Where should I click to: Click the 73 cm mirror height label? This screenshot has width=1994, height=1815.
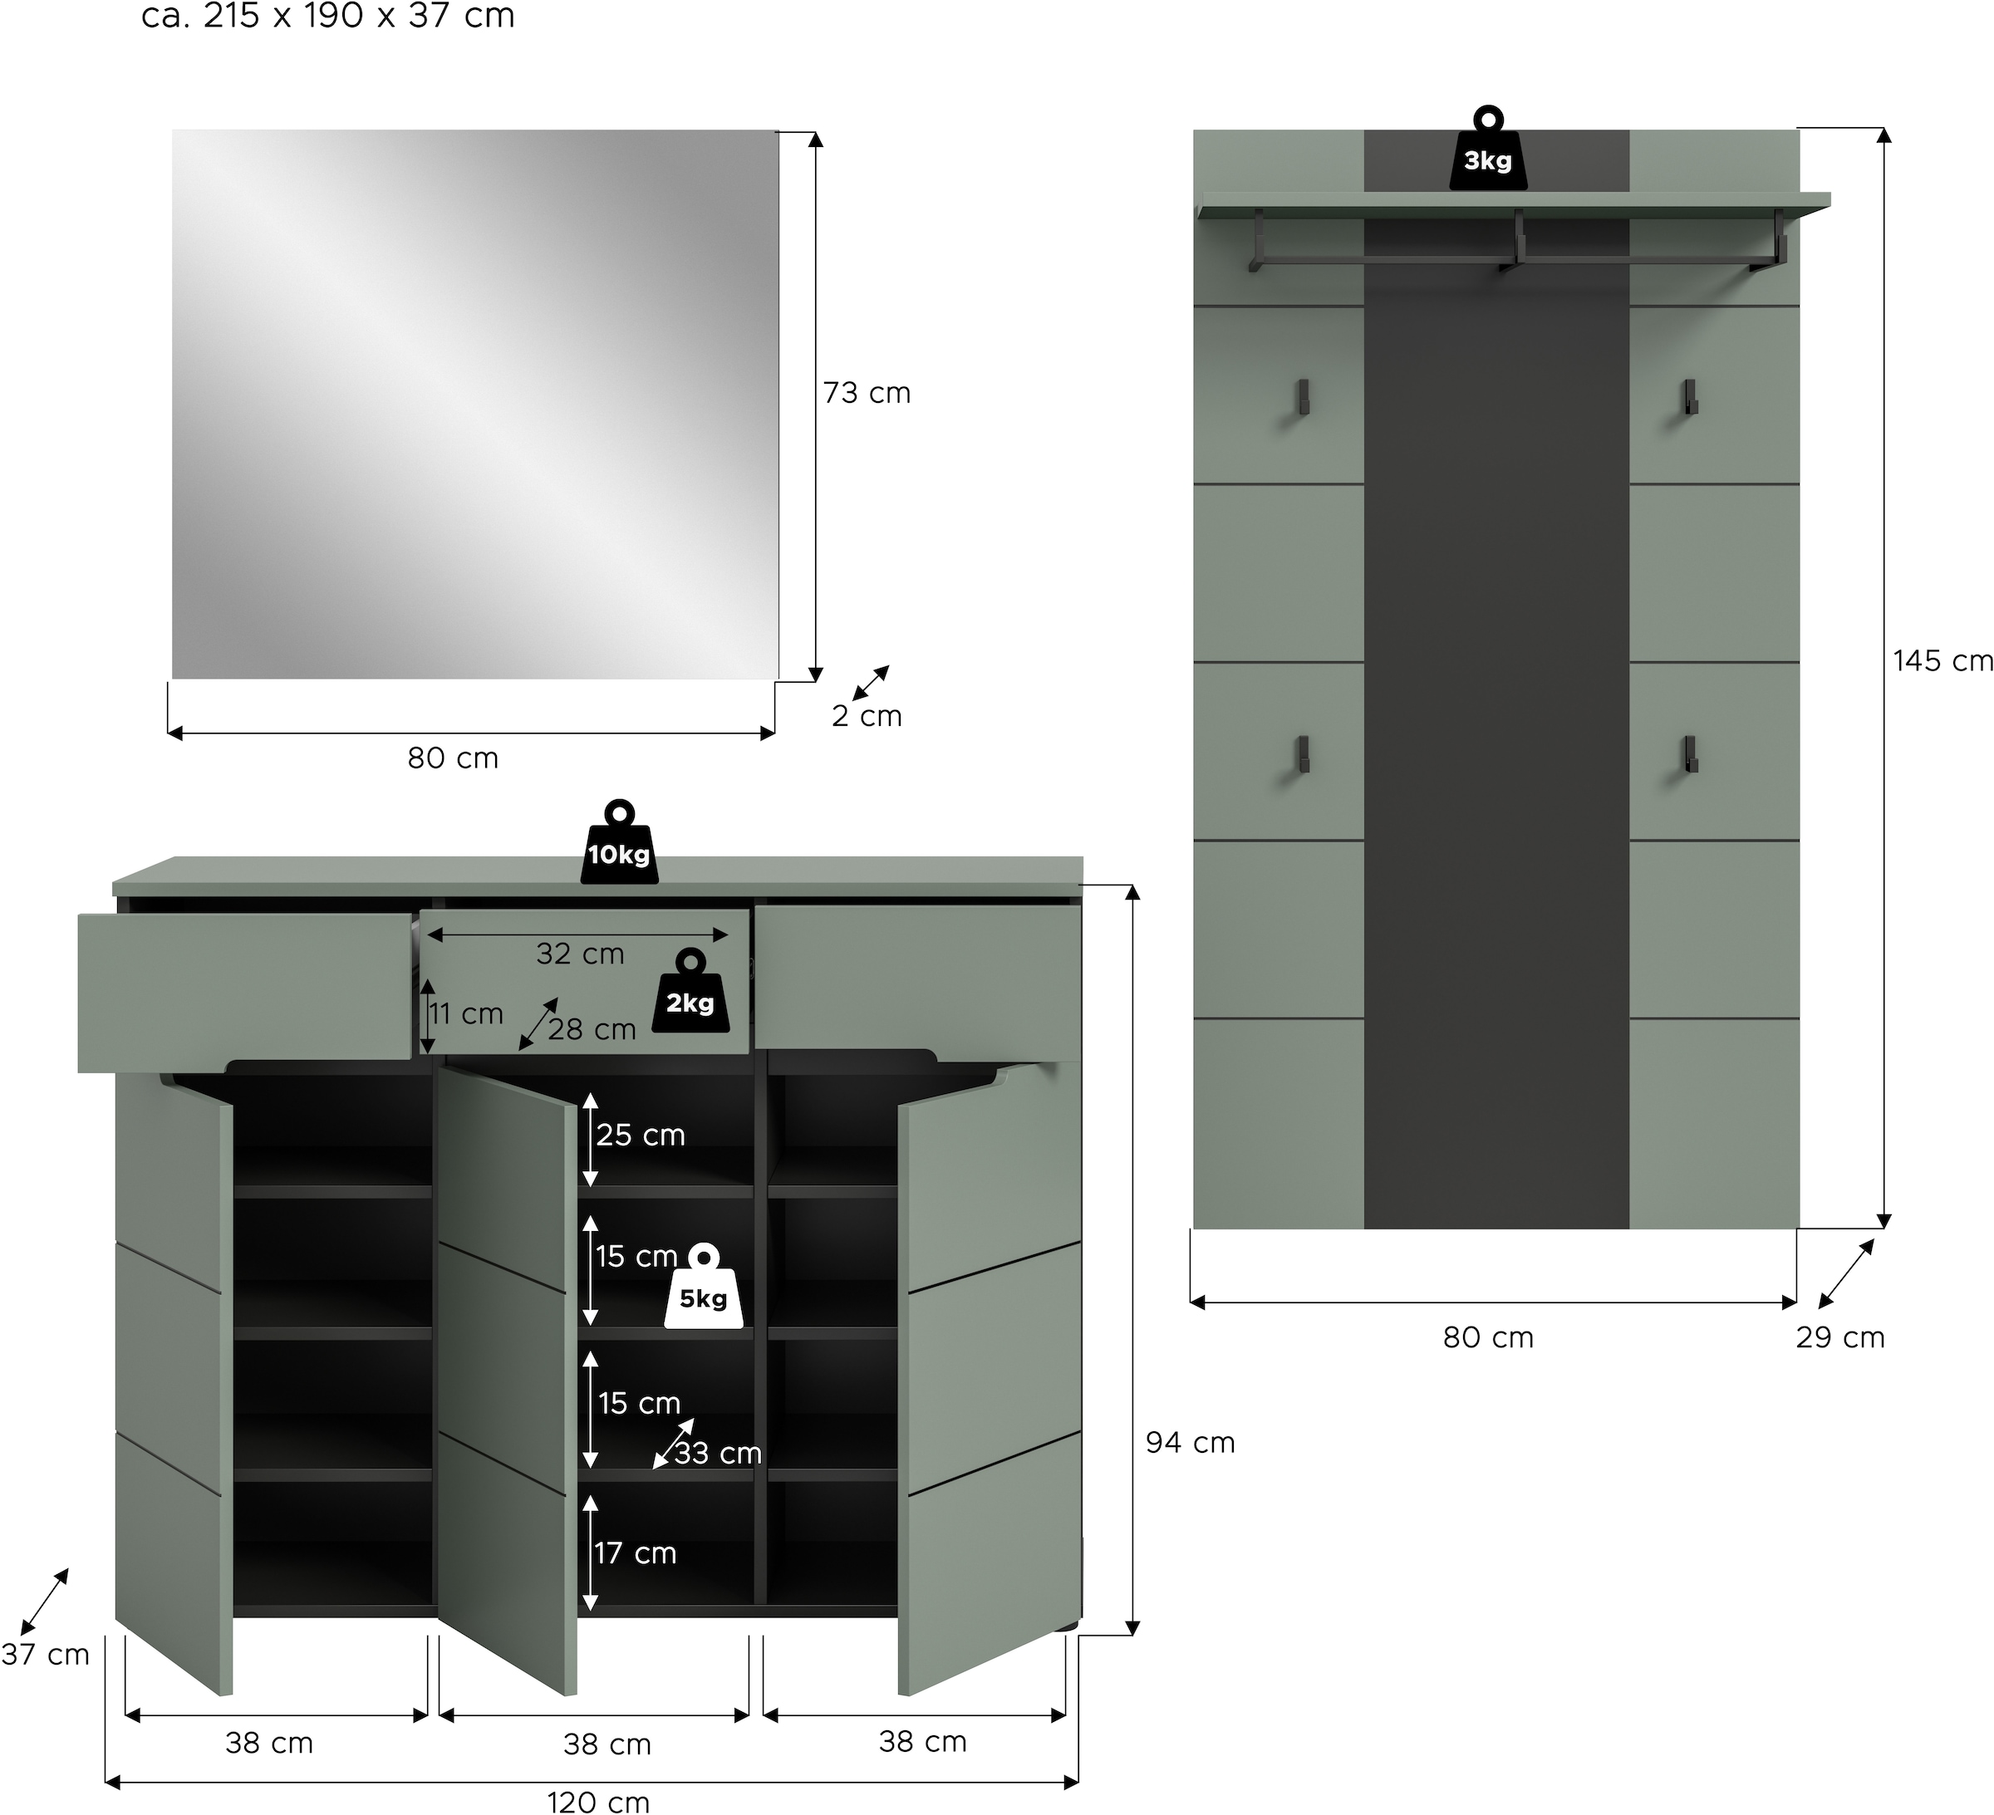pyautogui.click(x=867, y=394)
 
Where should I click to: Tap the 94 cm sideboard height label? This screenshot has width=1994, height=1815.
pyautogui.click(x=1190, y=1443)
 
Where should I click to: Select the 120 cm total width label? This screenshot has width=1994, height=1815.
pyautogui.click(x=598, y=1803)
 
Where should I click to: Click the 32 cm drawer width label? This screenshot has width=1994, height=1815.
pyautogui.click(x=580, y=954)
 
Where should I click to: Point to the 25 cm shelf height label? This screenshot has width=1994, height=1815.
pyautogui.click(x=640, y=1136)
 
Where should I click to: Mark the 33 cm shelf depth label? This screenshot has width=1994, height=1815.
pyautogui.click(x=718, y=1454)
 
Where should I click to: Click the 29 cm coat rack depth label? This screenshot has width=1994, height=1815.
pyautogui.click(x=1839, y=1338)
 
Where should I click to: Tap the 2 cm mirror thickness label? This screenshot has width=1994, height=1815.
pyautogui.click(x=867, y=716)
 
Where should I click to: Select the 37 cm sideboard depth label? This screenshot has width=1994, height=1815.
pyautogui.click(x=46, y=1655)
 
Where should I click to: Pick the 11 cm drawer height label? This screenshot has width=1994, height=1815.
pyautogui.click(x=466, y=1014)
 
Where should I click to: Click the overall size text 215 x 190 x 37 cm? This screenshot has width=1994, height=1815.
pyautogui.click(x=328, y=17)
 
